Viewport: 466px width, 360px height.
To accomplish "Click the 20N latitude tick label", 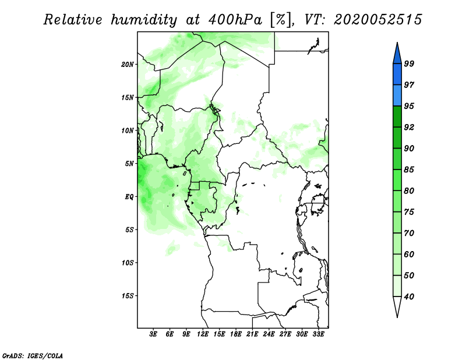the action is tap(127, 65).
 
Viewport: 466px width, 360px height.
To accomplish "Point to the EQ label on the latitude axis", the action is tap(129, 197).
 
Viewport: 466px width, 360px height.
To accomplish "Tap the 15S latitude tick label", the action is tap(127, 296).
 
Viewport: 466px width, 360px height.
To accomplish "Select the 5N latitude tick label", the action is tap(129, 164).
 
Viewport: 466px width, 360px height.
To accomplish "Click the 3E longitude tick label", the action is tap(153, 334).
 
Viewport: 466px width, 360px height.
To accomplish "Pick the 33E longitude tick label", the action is tap(318, 334).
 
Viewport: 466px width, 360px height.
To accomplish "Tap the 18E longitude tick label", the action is tap(236, 334).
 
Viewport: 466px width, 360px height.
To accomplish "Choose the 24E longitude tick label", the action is tap(269, 334).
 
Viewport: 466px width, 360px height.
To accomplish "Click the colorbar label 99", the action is tap(409, 63).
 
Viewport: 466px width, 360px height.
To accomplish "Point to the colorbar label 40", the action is tap(409, 297).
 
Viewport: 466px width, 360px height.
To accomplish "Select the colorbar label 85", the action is tap(409, 170).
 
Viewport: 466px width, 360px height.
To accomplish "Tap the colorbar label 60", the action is tap(409, 254).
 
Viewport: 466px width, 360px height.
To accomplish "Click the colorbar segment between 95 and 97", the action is tap(397, 96).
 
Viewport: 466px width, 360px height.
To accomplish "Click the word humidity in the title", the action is tap(144, 20).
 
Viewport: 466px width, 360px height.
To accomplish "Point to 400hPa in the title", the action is tap(235, 20).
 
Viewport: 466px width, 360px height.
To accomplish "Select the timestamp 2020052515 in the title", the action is tap(377, 20).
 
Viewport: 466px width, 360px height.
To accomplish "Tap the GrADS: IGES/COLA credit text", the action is tap(33, 355).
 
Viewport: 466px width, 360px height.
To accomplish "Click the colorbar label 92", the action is tap(409, 127).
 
